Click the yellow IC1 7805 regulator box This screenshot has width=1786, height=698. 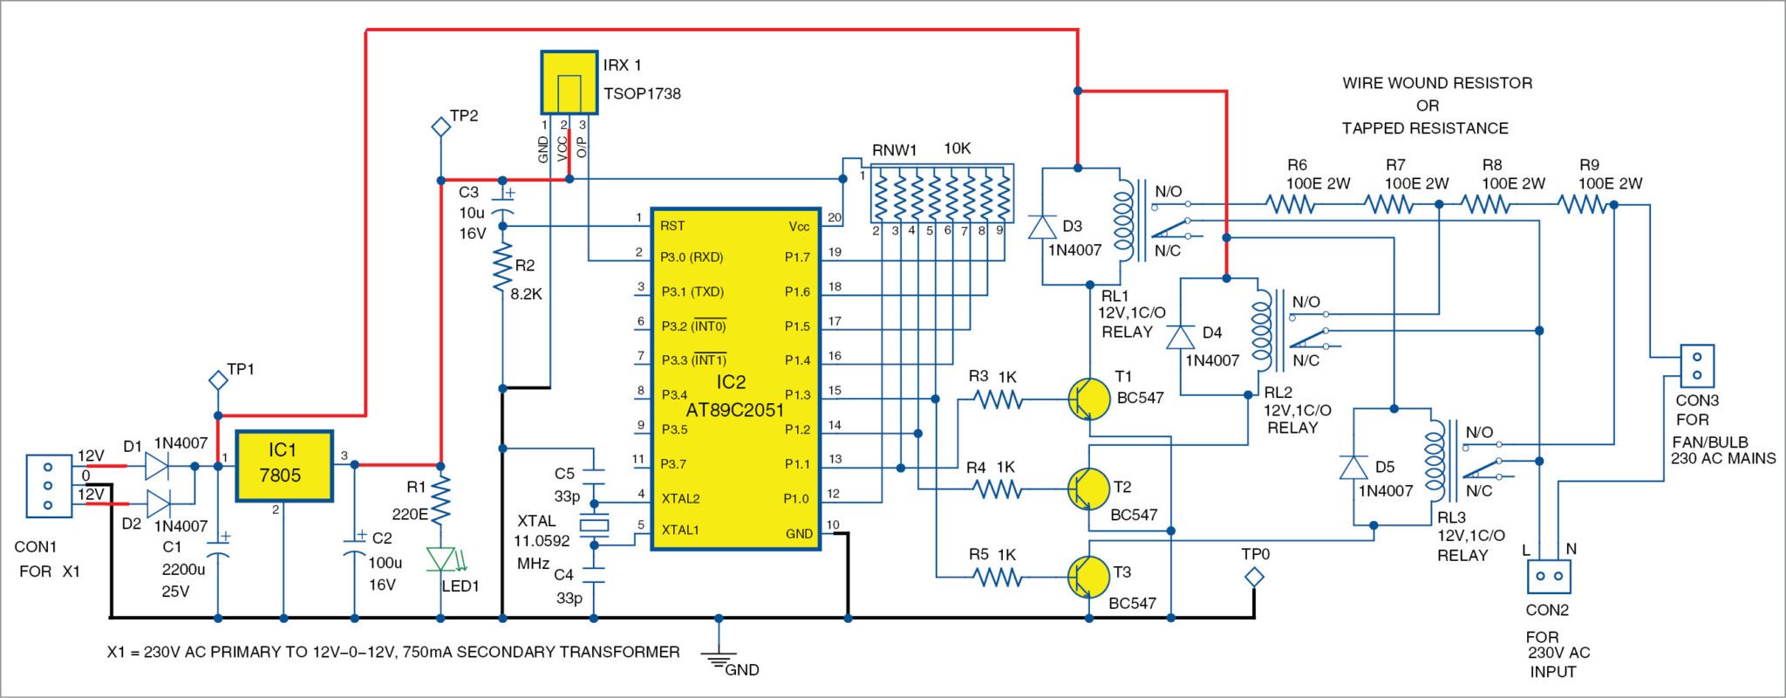click(x=284, y=465)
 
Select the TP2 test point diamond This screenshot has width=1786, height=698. click(x=440, y=127)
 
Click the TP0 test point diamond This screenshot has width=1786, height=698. click(x=1254, y=577)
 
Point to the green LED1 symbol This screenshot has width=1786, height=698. click(x=440, y=558)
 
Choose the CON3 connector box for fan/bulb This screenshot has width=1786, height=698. click(x=1696, y=366)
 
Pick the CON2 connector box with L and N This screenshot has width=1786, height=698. click(x=1548, y=577)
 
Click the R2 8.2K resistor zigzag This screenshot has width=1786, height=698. click(x=502, y=269)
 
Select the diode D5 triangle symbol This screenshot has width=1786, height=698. click(x=1353, y=468)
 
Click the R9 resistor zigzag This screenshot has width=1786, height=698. click(x=1582, y=205)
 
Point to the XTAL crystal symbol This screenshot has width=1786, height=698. click(x=594, y=524)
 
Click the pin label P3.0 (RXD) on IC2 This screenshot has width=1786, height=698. click(x=692, y=257)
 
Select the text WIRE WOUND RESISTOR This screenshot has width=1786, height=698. click(x=1437, y=84)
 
